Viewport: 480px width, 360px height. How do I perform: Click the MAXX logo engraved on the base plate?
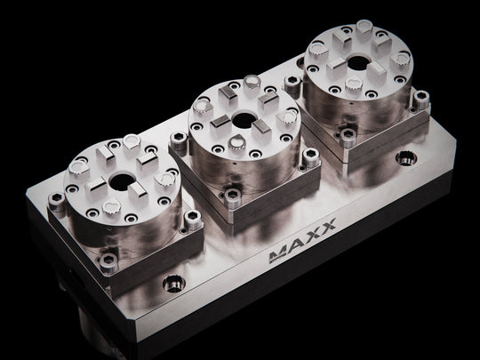302,241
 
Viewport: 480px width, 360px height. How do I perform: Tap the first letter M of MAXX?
278,255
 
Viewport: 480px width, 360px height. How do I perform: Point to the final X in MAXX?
328,225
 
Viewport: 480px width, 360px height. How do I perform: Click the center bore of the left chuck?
122,182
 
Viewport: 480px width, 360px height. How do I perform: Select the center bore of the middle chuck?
244,120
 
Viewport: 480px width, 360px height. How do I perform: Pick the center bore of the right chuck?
359,62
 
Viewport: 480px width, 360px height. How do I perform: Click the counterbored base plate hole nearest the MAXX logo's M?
174,284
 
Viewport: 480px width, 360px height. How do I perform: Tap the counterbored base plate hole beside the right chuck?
406,158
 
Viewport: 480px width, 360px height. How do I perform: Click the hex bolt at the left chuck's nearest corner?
108,262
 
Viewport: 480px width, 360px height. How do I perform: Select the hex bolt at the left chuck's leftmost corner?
57,202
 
